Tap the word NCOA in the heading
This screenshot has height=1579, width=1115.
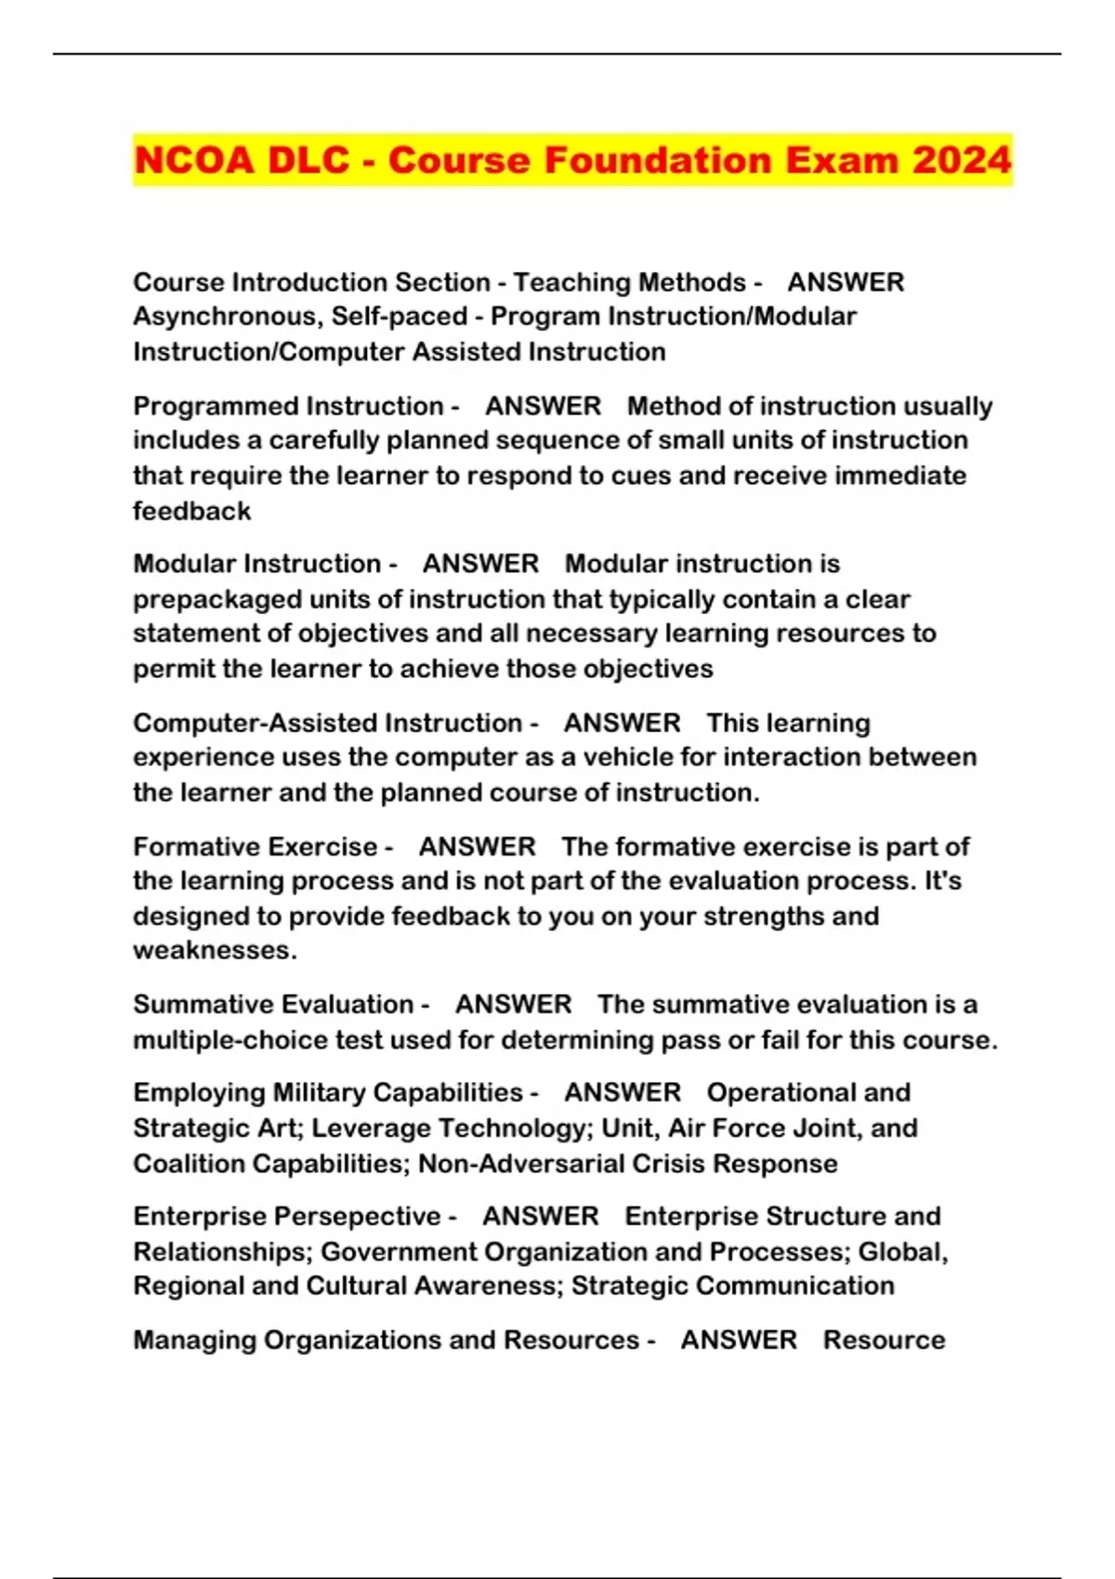(x=193, y=160)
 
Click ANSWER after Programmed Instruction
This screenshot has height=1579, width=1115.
(x=543, y=406)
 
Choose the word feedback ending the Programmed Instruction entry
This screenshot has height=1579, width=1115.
(x=191, y=511)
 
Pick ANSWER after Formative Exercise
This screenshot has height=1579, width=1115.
(x=477, y=846)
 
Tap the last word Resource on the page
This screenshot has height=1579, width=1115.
(x=884, y=1340)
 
